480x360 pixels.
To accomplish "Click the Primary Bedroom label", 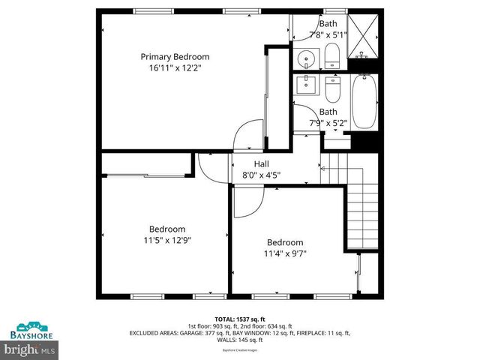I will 175,56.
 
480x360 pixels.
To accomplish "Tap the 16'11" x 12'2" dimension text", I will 175,67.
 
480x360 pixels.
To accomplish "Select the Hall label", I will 261,164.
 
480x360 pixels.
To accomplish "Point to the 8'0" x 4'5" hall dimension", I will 261,175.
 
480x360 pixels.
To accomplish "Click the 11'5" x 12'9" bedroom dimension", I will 166,240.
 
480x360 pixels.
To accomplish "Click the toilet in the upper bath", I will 332,55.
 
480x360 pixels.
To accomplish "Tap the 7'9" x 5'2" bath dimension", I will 328,123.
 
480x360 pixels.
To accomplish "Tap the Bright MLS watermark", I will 30,349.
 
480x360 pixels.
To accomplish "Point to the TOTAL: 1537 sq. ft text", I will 241,319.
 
